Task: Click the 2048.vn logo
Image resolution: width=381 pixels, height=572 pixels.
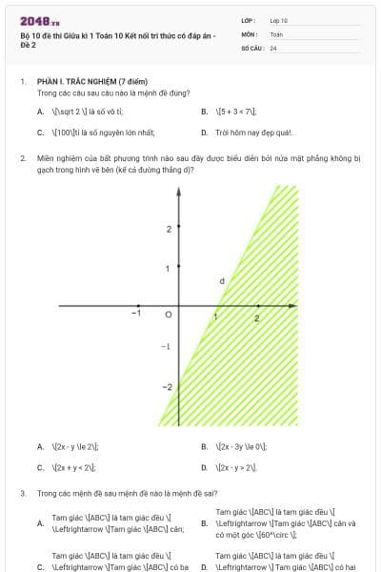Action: pos(39,21)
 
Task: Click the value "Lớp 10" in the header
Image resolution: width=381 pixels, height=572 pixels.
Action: pos(278,20)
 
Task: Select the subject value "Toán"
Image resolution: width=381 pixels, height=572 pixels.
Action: pos(276,33)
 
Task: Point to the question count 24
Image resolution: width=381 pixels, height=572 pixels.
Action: pos(273,47)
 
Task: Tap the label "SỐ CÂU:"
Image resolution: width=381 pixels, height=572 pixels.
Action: pos(251,47)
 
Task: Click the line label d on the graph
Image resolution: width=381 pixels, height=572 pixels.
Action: pos(222,280)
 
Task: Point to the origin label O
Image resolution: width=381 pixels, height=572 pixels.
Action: pos(169,314)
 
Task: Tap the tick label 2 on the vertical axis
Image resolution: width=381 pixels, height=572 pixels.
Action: pos(168,230)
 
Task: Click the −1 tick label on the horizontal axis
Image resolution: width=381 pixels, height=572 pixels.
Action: pos(136,314)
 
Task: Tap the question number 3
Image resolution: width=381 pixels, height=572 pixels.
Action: pos(22,493)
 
